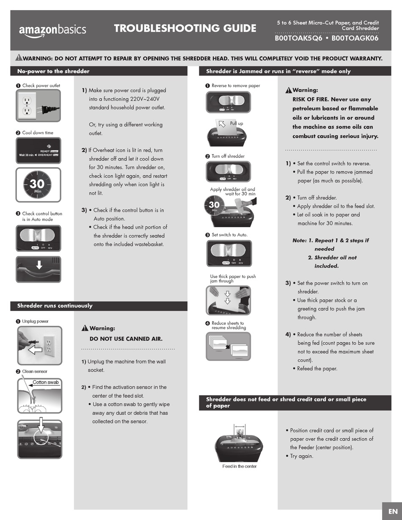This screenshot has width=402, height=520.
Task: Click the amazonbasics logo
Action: [52, 30]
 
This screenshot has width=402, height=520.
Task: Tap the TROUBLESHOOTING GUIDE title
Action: [185, 28]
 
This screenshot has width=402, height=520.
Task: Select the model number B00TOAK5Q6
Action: [299, 38]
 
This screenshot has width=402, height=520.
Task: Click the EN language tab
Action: [392, 511]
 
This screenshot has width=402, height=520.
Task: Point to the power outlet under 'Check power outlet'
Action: [27, 104]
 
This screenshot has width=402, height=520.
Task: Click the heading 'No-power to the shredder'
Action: [53, 71]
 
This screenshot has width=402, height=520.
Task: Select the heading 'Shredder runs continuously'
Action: [55, 305]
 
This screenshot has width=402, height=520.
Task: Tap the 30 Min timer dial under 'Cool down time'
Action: [38, 184]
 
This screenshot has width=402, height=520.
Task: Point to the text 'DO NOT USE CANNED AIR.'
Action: [126, 338]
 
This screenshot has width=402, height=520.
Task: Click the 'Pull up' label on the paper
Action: [236, 123]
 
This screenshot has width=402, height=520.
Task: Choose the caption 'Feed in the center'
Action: [240, 466]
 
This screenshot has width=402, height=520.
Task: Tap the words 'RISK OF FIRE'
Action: [310, 99]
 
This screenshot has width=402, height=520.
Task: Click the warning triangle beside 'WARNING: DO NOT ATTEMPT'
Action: [19, 58]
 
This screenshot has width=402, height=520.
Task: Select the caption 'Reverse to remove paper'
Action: [236, 85]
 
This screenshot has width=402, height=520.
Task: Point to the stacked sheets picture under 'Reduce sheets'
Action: [228, 346]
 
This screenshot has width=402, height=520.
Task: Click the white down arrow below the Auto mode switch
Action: [39, 265]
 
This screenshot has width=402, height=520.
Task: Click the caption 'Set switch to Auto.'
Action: [229, 235]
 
